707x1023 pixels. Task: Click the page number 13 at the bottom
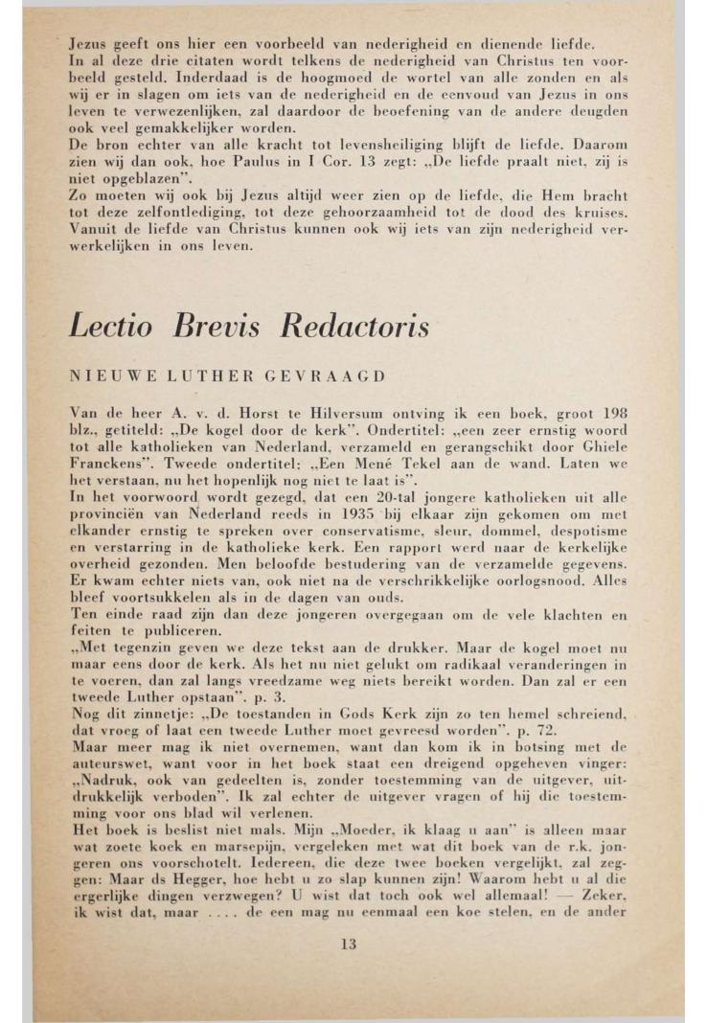[x=349, y=943]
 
